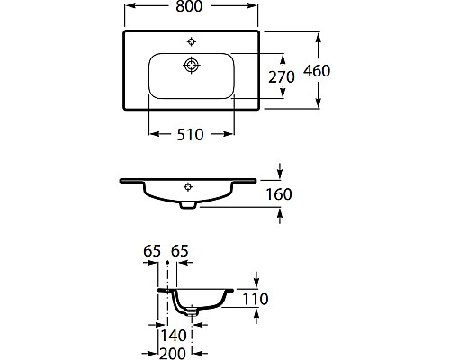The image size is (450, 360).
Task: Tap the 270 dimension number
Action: pyautogui.click(x=283, y=77)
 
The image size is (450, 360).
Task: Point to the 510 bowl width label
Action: pyautogui.click(x=190, y=134)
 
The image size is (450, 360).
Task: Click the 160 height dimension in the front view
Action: pyautogui.click(x=279, y=193)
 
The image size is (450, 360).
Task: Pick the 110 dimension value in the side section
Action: pyautogui.click(x=256, y=299)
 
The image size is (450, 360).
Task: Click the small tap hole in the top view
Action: pyautogui.click(x=191, y=40)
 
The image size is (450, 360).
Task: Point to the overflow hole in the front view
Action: pyautogui.click(x=188, y=187)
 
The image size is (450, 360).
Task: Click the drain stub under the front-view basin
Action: pyautogui.click(x=188, y=206)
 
